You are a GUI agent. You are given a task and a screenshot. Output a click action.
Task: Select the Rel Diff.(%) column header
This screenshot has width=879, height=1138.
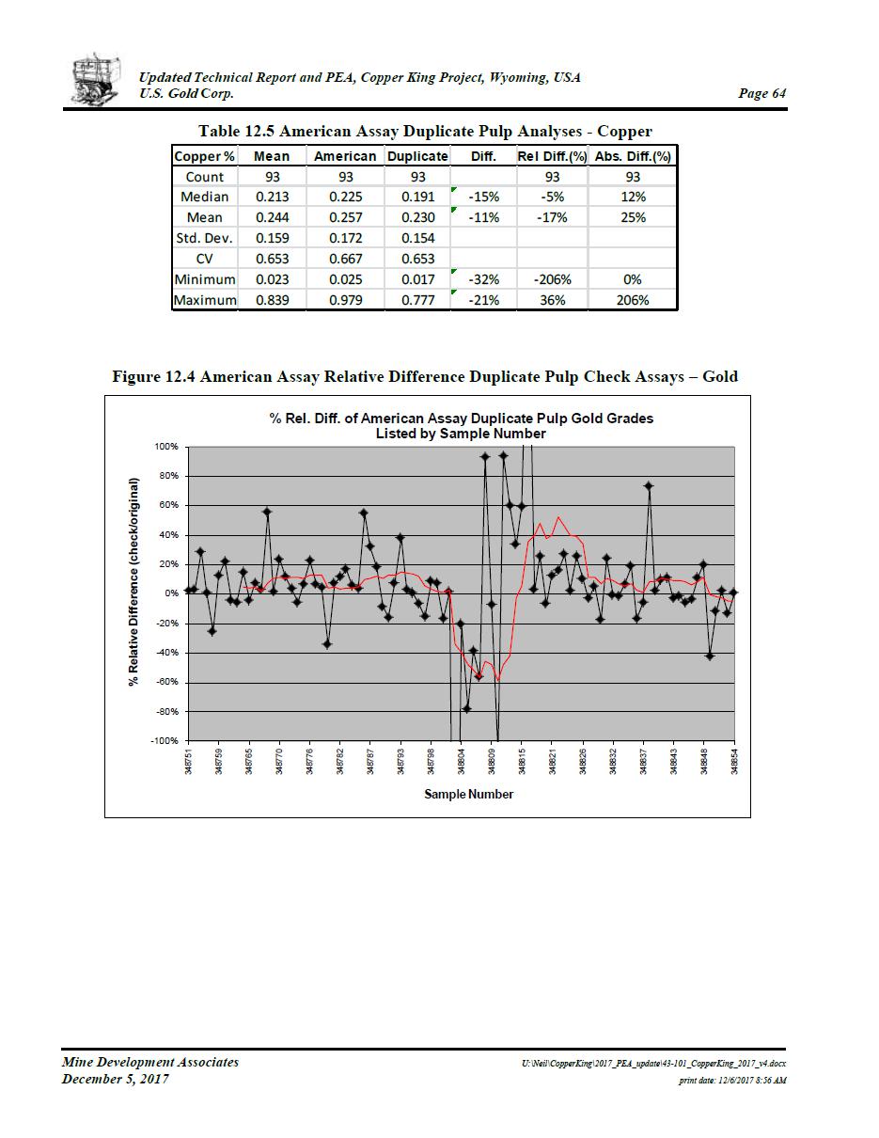click(552, 156)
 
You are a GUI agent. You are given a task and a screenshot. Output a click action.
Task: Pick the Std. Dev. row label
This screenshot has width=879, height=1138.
click(204, 238)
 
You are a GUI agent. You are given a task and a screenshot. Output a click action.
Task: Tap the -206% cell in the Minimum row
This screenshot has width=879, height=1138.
click(552, 279)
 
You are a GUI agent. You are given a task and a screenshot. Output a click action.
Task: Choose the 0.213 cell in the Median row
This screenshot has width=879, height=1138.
click(272, 197)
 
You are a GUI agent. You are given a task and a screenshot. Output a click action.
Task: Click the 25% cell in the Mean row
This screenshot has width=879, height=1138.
click(633, 217)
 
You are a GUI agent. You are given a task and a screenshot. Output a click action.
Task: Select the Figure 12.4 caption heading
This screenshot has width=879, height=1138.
click(425, 376)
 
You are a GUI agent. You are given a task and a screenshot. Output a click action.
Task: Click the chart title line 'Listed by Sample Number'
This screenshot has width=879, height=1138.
click(461, 434)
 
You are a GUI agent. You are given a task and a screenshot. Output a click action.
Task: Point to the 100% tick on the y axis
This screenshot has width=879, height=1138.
click(165, 447)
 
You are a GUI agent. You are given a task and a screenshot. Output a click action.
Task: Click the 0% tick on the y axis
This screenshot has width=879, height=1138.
click(171, 593)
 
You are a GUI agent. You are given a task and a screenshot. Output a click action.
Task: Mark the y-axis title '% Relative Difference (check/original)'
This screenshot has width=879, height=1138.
click(134, 593)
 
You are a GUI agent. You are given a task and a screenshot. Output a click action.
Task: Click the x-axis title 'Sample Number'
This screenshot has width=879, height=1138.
click(468, 794)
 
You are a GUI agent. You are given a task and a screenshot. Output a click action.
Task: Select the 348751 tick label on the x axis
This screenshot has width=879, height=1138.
click(189, 759)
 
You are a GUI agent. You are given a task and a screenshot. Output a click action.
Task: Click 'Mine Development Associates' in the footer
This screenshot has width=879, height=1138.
click(150, 1062)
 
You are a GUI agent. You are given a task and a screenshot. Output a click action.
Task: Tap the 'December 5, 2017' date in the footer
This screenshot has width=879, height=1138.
click(116, 1079)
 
